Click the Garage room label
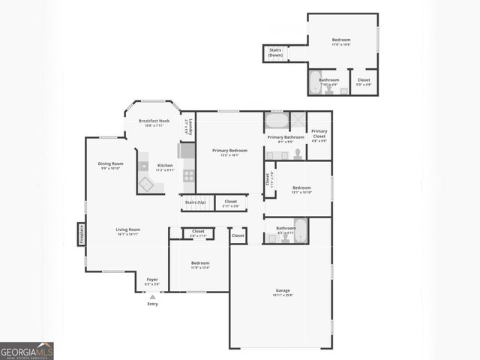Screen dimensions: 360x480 [283, 292]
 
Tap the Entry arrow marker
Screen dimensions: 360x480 [152, 297]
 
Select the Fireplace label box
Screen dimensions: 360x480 [81, 234]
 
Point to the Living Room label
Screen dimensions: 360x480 [127, 231]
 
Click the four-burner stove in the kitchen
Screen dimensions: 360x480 [189, 176]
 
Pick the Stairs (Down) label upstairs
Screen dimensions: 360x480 [276, 52]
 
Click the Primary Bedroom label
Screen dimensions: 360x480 [229, 152]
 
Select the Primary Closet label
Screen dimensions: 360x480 [319, 135]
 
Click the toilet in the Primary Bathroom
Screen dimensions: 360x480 [298, 154]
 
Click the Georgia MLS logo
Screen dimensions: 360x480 [27, 350]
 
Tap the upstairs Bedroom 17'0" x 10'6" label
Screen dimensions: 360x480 [341, 42]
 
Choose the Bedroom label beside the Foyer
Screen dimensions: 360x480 [200, 265]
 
